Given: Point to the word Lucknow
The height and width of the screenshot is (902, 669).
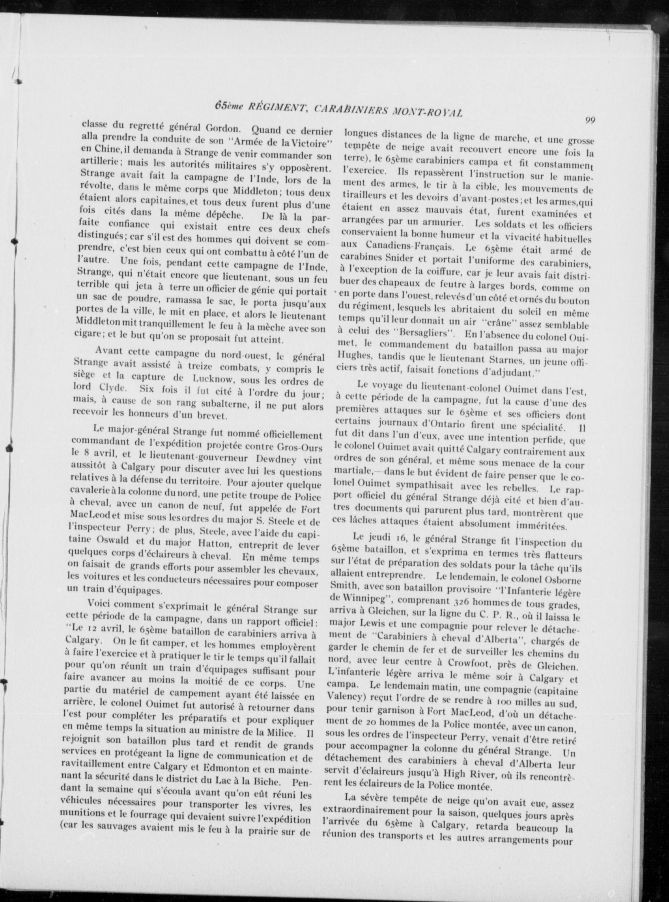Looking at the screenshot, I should coord(213,381).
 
